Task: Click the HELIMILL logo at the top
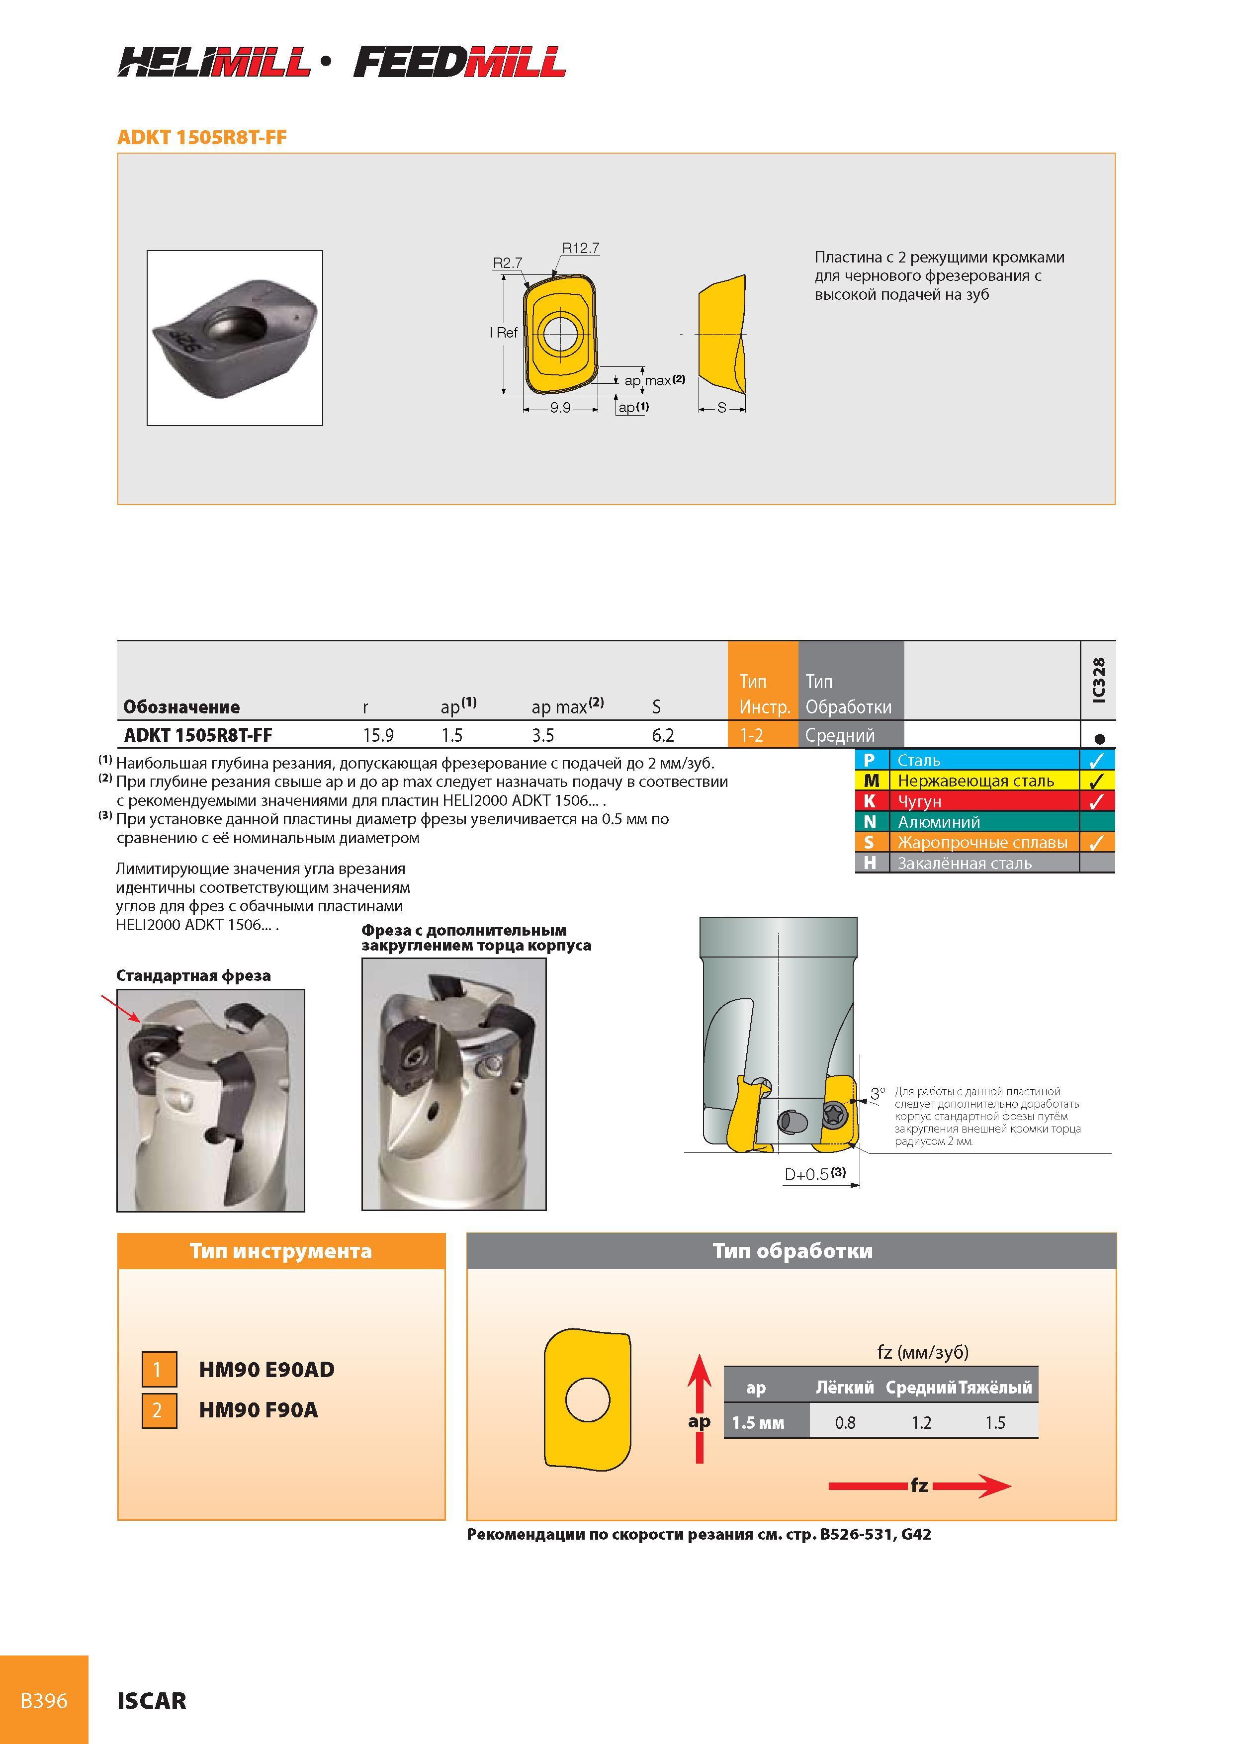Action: pyautogui.click(x=214, y=62)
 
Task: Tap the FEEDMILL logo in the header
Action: pyautogui.click(x=459, y=62)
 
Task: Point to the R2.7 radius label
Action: pyautogui.click(x=508, y=263)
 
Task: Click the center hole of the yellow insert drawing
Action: pyautogui.click(x=560, y=332)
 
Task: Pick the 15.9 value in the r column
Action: pyautogui.click(x=378, y=735)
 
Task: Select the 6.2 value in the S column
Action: pyautogui.click(x=662, y=735)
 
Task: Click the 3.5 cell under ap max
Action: pyautogui.click(x=542, y=735)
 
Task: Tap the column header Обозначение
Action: pyautogui.click(x=181, y=707)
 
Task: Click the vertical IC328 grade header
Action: pyautogui.click(x=1098, y=680)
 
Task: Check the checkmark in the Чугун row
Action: pyautogui.click(x=1096, y=801)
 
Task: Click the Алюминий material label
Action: pyautogui.click(x=939, y=822)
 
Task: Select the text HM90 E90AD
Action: pyautogui.click(x=266, y=1370)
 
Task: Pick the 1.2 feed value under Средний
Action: pyautogui.click(x=922, y=1423)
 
